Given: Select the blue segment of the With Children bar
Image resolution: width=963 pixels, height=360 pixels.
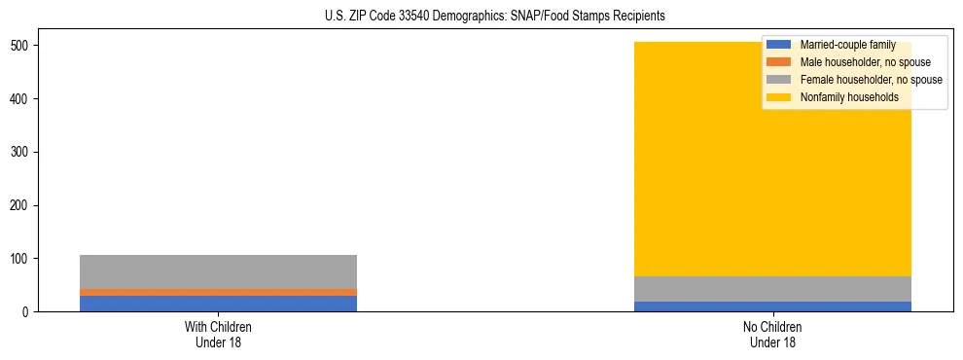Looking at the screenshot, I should tap(218, 304).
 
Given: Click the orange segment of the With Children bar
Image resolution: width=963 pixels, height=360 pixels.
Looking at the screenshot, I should tap(218, 292).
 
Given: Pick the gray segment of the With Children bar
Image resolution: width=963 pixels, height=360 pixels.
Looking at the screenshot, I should tap(218, 271).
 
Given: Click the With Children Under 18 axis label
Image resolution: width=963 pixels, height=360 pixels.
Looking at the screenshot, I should tap(218, 335).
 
